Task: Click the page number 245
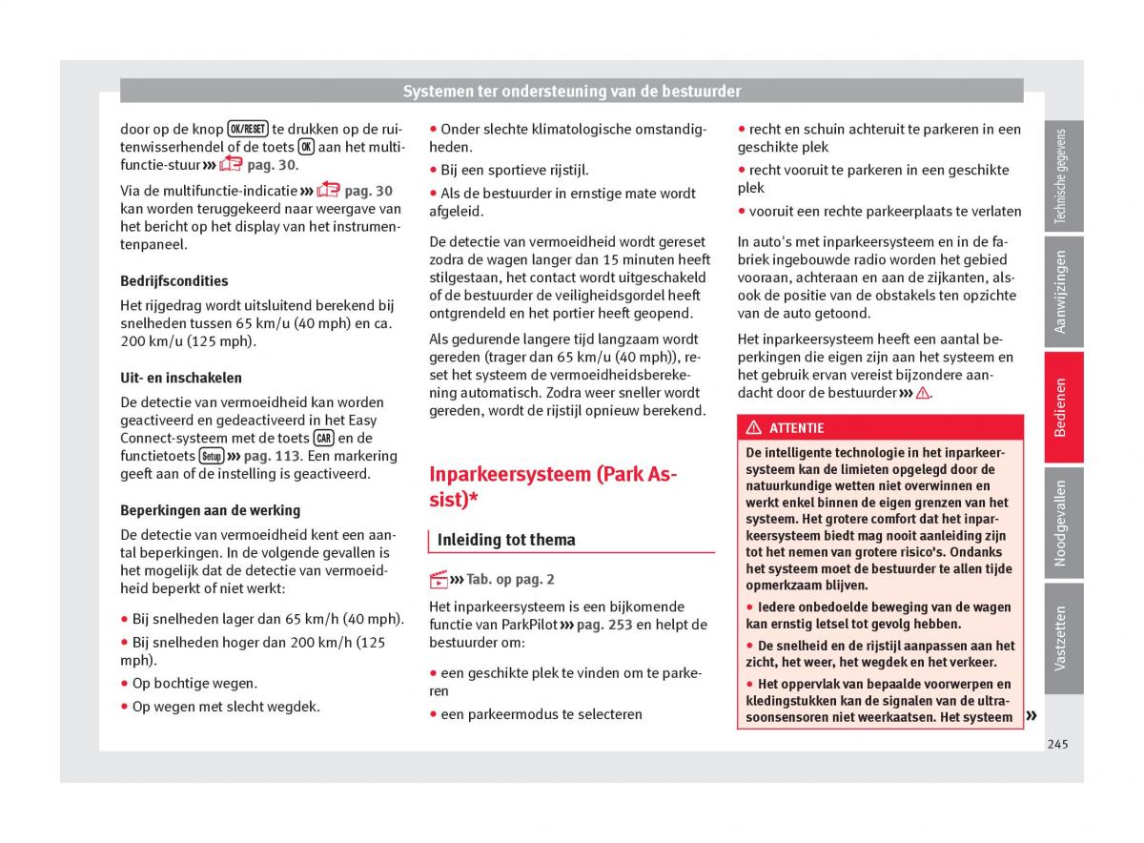[x=1056, y=744]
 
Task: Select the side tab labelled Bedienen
[x=1063, y=407]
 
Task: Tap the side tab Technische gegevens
[x=1063, y=176]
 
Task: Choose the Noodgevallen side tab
[x=1063, y=523]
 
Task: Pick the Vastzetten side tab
[x=1063, y=637]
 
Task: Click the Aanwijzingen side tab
[x=1063, y=292]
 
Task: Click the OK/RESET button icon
[x=248, y=129]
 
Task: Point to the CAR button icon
[x=324, y=439]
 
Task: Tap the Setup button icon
[x=212, y=456]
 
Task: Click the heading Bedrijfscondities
[x=174, y=281]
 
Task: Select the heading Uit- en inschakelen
[x=181, y=378]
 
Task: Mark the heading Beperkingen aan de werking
[x=210, y=510]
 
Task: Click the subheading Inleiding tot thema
[x=506, y=540]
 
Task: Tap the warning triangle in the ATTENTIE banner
[x=754, y=428]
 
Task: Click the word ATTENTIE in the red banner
[x=796, y=428]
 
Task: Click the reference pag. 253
[x=604, y=625]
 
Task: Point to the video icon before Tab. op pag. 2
[x=439, y=579]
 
